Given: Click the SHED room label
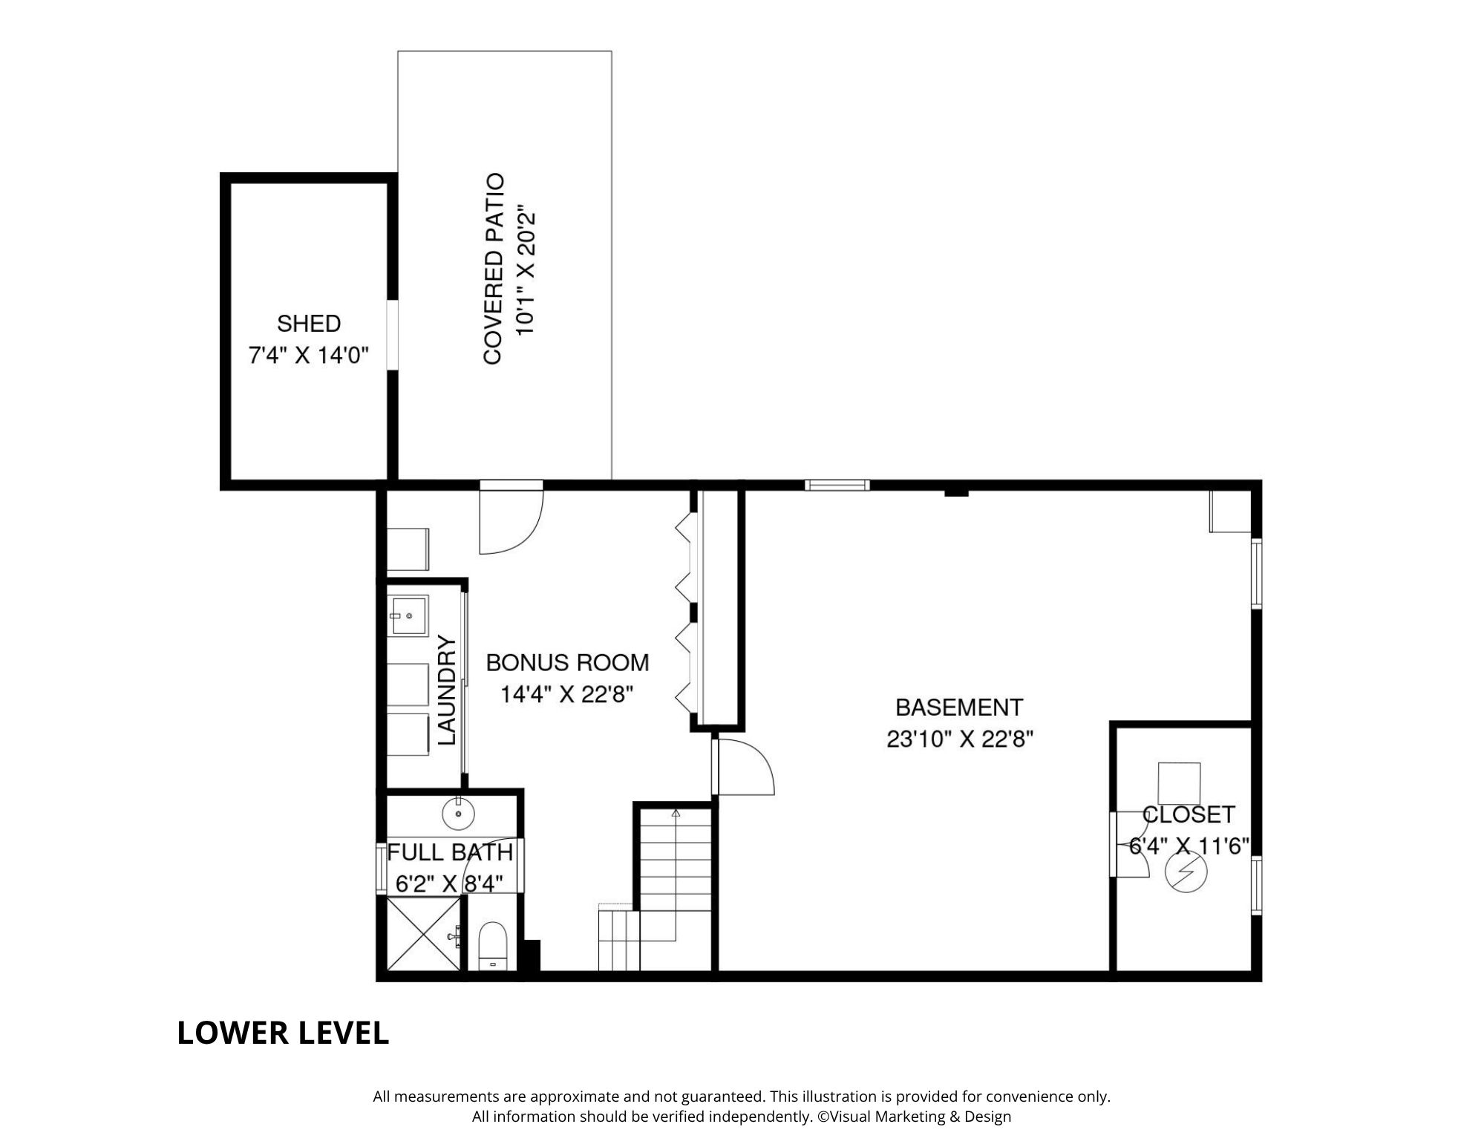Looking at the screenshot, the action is click(309, 324).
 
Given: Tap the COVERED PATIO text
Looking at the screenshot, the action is click(494, 269).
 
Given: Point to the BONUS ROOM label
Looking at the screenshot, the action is click(568, 662).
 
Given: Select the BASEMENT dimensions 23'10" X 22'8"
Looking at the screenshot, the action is click(960, 739).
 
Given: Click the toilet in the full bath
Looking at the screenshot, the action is click(492, 945).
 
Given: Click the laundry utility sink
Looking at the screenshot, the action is click(408, 615).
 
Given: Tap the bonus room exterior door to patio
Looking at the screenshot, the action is click(512, 517).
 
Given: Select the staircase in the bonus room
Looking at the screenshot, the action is click(656, 890).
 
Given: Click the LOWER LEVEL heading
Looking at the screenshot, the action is click(283, 1033).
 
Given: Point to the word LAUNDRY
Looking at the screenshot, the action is click(445, 690).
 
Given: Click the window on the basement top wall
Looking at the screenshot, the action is click(837, 486).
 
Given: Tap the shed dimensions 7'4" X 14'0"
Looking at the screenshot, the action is click(309, 356).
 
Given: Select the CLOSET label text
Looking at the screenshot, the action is click(1189, 814).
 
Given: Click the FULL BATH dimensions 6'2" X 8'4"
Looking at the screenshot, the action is click(450, 883).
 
